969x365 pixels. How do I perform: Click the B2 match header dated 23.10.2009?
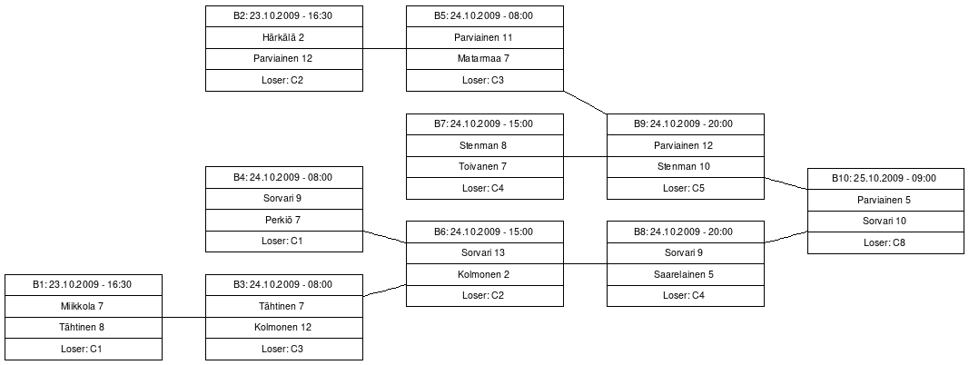(x=284, y=15)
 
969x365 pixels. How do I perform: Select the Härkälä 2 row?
(x=284, y=37)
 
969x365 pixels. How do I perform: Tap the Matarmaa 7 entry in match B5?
(x=483, y=59)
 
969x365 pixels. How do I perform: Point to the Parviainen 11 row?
(x=483, y=37)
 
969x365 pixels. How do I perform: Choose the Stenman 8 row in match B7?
(x=483, y=145)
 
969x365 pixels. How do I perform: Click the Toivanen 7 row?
(x=483, y=167)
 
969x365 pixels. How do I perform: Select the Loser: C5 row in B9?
(x=685, y=189)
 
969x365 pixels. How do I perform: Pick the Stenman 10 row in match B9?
(x=685, y=167)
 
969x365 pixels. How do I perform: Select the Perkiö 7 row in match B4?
(x=284, y=221)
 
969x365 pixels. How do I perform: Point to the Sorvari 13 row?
(x=483, y=253)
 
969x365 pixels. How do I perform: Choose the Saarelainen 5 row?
(x=685, y=274)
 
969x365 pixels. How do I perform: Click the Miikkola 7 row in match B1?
(x=83, y=307)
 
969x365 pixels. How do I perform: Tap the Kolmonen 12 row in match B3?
(x=284, y=328)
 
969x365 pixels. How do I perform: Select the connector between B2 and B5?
(x=384, y=48)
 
